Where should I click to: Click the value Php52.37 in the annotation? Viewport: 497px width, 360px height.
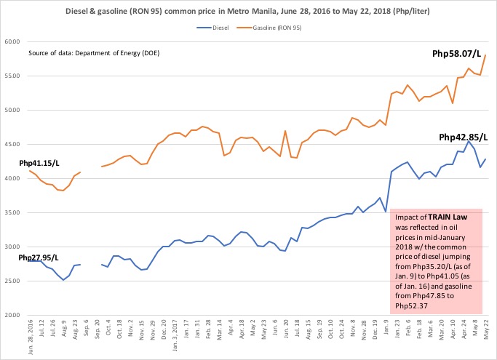coord(408,305)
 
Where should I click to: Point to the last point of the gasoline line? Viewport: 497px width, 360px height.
coord(485,55)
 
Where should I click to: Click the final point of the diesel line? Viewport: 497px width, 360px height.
coord(485,159)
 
